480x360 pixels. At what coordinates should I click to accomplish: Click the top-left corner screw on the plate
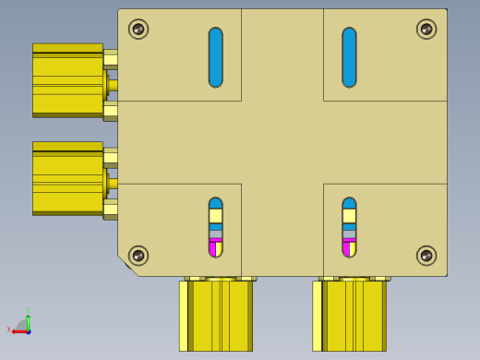click(138, 29)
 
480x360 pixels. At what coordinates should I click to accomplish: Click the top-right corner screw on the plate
click(426, 29)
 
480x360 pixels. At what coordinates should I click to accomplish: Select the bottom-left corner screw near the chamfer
click(138, 255)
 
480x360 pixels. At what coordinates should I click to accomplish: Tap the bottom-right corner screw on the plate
click(426, 255)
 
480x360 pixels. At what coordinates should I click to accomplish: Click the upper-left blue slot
click(215, 57)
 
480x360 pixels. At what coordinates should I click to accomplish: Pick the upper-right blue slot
click(349, 57)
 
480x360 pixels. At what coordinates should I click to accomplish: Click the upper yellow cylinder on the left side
click(67, 80)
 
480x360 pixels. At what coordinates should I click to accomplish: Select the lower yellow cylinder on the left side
click(67, 178)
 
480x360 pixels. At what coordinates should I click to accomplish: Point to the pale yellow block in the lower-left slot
click(215, 216)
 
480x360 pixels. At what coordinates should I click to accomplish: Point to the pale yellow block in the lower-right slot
click(349, 216)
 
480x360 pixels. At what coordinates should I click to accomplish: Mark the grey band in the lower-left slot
click(215, 234)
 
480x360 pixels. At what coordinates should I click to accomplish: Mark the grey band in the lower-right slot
click(349, 234)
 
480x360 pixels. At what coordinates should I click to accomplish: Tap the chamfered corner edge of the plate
click(128, 266)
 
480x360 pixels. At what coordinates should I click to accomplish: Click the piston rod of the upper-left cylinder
click(113, 85)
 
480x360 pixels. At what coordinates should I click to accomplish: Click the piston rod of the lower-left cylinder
click(113, 183)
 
